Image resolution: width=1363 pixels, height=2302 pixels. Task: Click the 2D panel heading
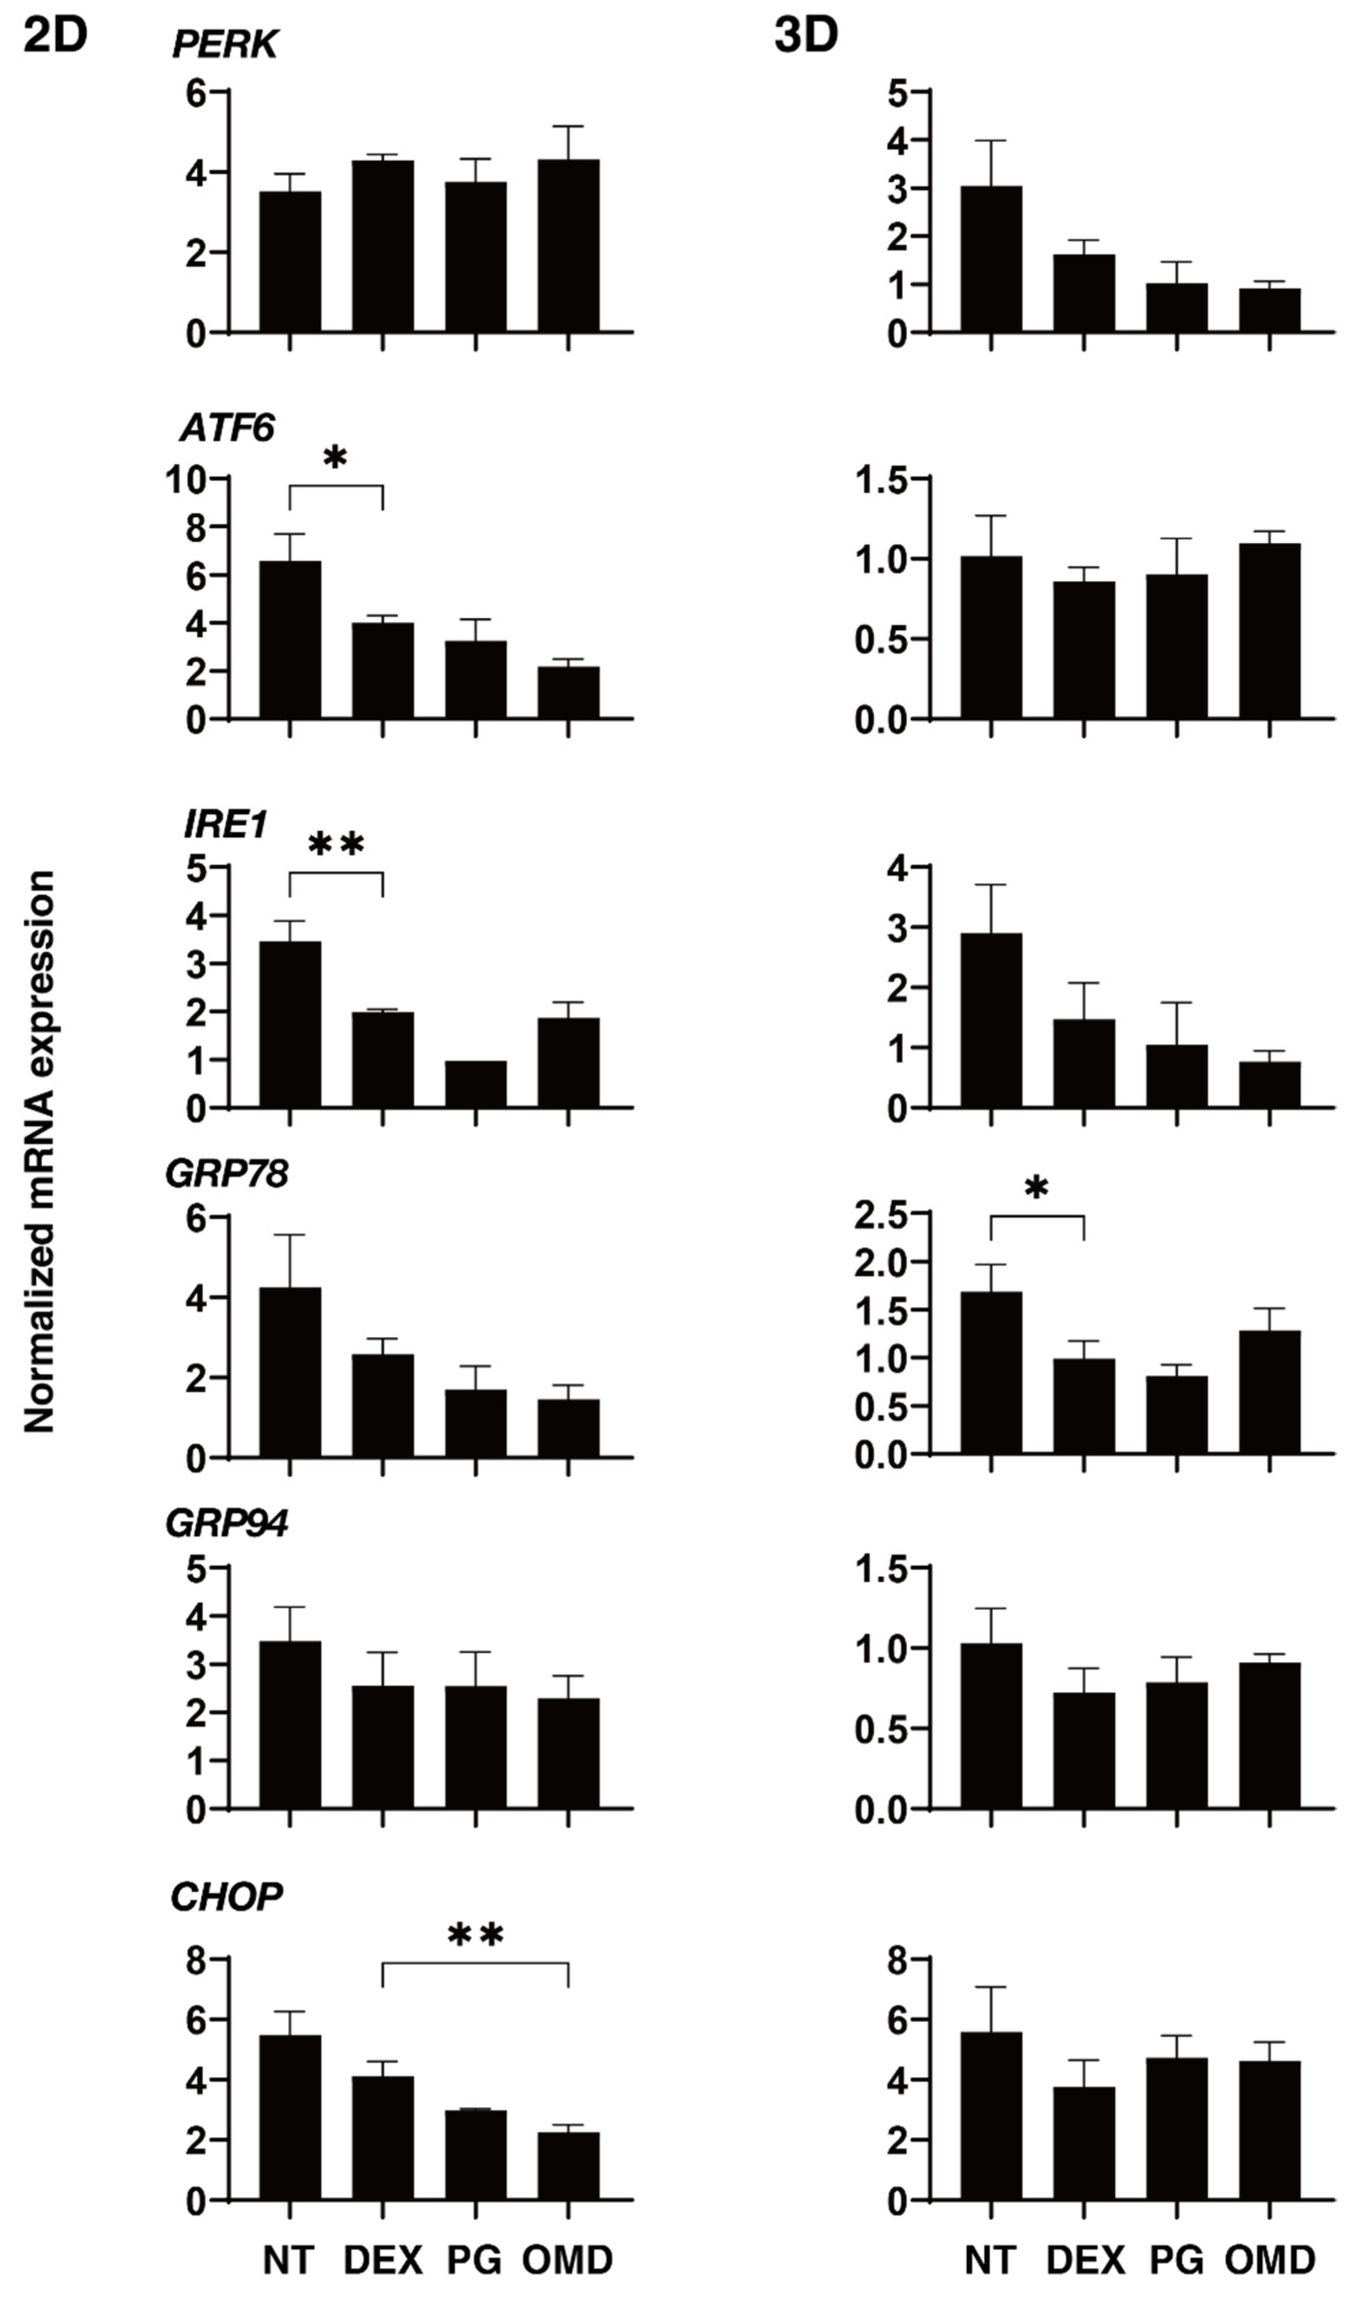coord(55,37)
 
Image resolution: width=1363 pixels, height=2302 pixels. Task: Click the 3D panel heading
coord(805,37)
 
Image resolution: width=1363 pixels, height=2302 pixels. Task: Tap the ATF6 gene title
coord(227,429)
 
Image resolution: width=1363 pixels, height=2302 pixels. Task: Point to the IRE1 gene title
coord(225,826)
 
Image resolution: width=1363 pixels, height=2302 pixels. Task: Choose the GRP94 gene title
coord(226,1524)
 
